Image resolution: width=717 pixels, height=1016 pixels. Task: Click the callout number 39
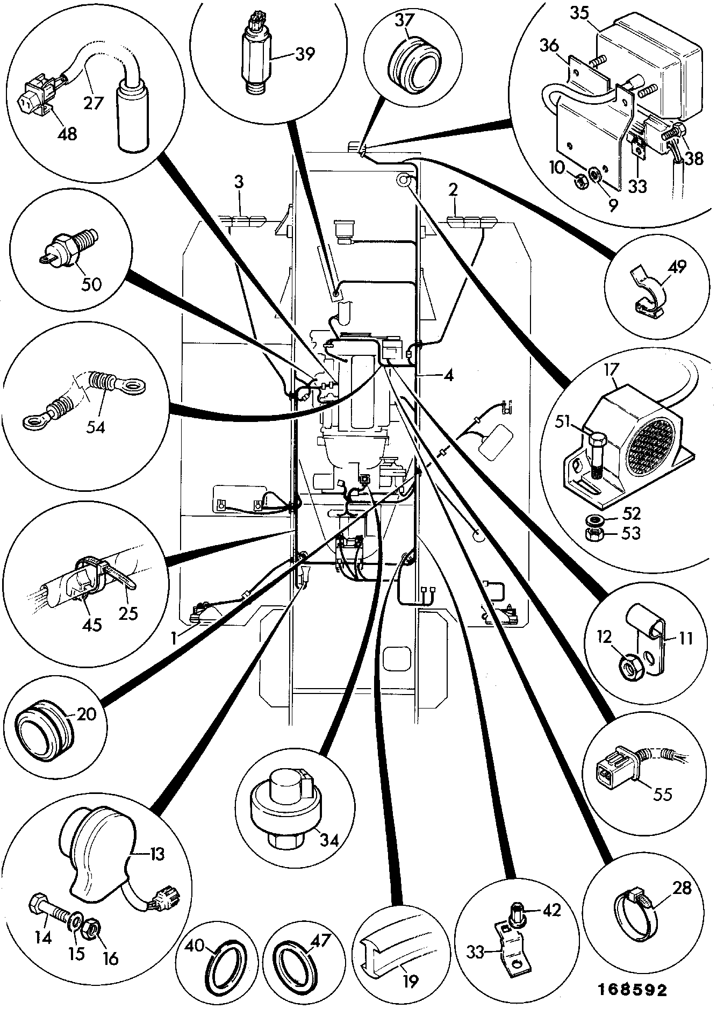pyautogui.click(x=305, y=54)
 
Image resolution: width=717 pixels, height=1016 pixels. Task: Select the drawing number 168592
pyautogui.click(x=631, y=990)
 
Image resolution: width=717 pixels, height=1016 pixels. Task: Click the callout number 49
pyautogui.click(x=677, y=267)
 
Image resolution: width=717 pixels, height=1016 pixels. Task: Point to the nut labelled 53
pyautogui.click(x=595, y=534)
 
